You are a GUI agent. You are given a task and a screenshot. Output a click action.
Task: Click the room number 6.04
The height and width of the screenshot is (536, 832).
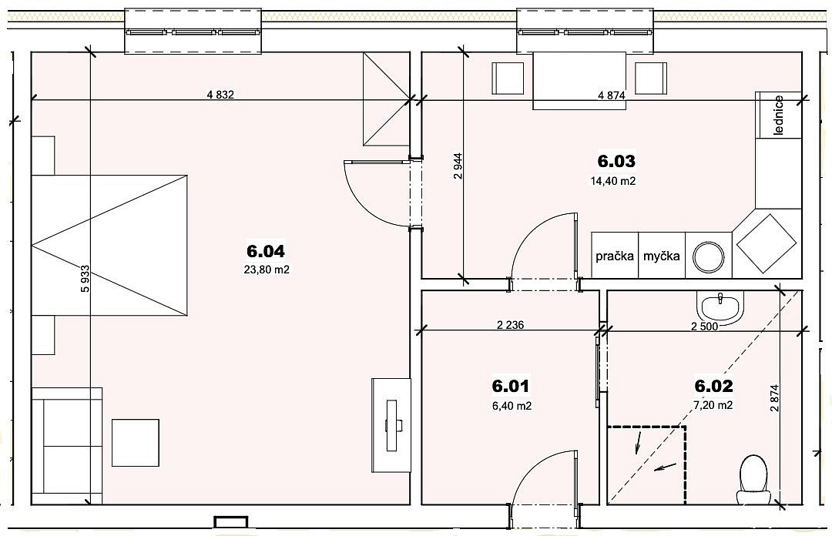266,252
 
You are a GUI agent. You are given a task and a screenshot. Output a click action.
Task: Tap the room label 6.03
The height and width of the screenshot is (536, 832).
616,161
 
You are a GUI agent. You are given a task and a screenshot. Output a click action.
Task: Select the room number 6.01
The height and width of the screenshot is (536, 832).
511,386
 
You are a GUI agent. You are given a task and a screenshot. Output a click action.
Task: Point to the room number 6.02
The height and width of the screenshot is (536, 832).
713,386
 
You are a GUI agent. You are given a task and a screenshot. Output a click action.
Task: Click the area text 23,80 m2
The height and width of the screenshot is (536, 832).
267,270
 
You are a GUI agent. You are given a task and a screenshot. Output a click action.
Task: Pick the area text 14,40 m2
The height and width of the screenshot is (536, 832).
613,181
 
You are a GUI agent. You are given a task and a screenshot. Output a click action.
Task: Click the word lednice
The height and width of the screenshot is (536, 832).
778,116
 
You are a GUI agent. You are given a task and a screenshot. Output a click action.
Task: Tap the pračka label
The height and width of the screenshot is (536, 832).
615,256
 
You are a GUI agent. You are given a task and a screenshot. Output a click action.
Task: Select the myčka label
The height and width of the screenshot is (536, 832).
661,256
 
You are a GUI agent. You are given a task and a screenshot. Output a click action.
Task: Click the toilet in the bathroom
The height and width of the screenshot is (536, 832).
753,479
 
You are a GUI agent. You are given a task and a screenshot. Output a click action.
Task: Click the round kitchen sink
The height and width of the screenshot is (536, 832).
709,257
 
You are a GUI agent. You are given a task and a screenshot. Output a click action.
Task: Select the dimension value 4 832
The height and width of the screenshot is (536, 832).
220,95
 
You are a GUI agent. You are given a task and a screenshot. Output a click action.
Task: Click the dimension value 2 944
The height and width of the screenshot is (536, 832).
458,166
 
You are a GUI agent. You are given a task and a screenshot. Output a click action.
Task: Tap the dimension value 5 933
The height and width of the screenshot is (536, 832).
85,279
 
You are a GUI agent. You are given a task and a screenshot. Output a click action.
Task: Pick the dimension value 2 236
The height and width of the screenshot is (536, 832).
511,325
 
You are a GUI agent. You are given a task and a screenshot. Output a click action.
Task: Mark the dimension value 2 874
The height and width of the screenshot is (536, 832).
774,398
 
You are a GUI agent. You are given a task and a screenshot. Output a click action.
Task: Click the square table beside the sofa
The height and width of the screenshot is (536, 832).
136,443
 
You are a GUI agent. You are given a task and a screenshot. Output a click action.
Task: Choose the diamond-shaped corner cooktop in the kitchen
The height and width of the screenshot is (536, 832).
767,243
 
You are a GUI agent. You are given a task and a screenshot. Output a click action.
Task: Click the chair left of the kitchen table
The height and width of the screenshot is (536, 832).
508,78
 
